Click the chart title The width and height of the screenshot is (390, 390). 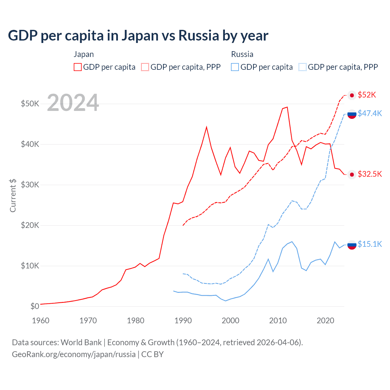[138, 36]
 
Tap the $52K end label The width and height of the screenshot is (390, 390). [367, 95]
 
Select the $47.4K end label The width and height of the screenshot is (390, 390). [370, 113]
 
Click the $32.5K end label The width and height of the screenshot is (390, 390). [370, 174]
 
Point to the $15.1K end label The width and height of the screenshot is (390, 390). [370, 244]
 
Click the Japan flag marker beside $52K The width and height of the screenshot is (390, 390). [352, 95]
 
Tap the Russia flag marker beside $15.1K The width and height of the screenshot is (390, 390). [352, 245]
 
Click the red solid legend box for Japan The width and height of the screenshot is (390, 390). [78, 67]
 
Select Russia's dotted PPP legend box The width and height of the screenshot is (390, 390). [303, 67]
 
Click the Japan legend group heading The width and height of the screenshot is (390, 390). [83, 54]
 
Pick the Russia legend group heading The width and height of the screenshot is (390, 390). [242, 54]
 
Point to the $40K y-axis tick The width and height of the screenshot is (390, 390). [30, 144]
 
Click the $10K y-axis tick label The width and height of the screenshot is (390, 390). [30, 266]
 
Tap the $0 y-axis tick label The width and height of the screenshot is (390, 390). [35, 306]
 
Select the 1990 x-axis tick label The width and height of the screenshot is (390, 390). [183, 321]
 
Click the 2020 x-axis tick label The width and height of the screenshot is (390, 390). [325, 321]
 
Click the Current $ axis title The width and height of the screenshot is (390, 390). [13, 195]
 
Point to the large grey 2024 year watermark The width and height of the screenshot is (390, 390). [73, 103]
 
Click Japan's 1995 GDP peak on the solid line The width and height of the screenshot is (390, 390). [207, 127]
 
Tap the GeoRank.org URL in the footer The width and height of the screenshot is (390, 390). [74, 354]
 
